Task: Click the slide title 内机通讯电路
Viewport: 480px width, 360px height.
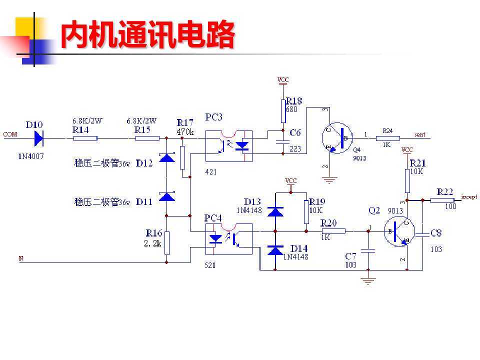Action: click(147, 35)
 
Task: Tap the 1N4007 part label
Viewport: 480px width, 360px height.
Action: click(31, 156)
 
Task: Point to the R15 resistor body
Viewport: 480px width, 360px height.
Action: click(147, 138)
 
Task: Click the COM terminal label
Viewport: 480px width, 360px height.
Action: click(10, 134)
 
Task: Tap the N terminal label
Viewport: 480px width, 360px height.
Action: click(20, 258)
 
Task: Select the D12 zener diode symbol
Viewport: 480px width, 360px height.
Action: click(166, 158)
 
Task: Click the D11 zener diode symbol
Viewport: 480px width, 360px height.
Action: click(166, 196)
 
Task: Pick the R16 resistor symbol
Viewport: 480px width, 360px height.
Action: click(166, 243)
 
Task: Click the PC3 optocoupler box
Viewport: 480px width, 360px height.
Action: click(229, 145)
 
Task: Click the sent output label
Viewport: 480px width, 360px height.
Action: click(420, 134)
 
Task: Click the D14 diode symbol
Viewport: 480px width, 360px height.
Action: click(275, 249)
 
